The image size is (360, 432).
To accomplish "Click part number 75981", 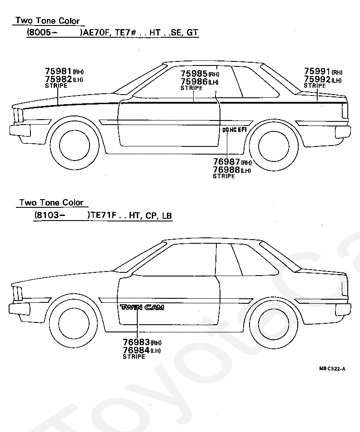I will click(58, 71).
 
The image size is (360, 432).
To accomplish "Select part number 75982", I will click(58, 79).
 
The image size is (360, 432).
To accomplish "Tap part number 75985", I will click(194, 74).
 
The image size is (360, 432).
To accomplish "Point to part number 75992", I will click(317, 79).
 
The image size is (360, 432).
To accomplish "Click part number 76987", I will click(226, 162).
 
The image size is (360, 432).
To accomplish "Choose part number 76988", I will click(226, 170).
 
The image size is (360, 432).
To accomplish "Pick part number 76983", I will click(136, 342).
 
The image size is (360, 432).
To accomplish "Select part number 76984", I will click(136, 350).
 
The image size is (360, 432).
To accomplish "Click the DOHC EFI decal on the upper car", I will click(234, 130).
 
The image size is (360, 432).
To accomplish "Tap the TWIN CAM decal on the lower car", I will click(142, 307).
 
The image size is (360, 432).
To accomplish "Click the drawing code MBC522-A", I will click(332, 368).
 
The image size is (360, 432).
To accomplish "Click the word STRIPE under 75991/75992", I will click(315, 85).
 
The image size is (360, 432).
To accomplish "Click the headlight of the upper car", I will click(18, 115).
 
